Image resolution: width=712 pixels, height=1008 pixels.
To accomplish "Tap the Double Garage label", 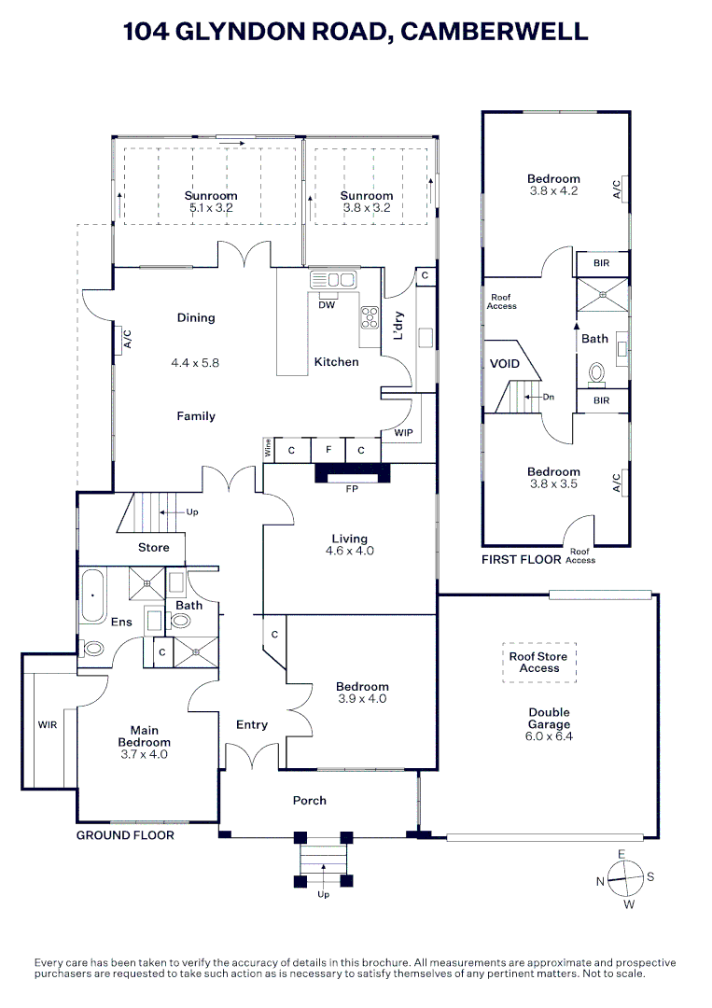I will tap(549, 718).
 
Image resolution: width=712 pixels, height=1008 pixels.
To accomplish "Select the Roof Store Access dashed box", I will tap(539, 662).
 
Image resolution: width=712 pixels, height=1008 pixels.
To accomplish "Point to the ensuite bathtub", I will tap(91, 595).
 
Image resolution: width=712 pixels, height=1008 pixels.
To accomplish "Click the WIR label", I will tap(48, 723).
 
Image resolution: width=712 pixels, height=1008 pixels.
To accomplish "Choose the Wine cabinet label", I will tap(269, 449).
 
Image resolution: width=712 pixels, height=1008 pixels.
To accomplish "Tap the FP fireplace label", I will tap(351, 487).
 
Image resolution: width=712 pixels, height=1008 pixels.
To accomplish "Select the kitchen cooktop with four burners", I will tap(369, 316).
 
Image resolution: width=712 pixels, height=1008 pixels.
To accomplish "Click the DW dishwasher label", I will tap(327, 304).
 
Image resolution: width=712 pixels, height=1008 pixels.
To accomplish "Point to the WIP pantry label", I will tap(403, 433).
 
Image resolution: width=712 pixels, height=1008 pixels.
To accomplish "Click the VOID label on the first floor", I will tap(505, 363).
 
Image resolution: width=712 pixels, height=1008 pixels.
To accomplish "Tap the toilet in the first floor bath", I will tap(597, 374).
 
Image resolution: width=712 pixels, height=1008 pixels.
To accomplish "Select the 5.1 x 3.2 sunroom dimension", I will tap(211, 208).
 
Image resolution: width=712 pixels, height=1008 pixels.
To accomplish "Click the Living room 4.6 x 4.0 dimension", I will tap(350, 551).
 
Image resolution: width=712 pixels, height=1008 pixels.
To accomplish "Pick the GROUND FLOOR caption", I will tap(125, 835).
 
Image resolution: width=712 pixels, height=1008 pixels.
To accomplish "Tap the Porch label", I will tap(310, 800).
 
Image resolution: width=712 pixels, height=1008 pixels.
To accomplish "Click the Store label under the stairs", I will tap(154, 547).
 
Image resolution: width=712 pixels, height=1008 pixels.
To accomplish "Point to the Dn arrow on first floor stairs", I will tap(542, 397).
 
